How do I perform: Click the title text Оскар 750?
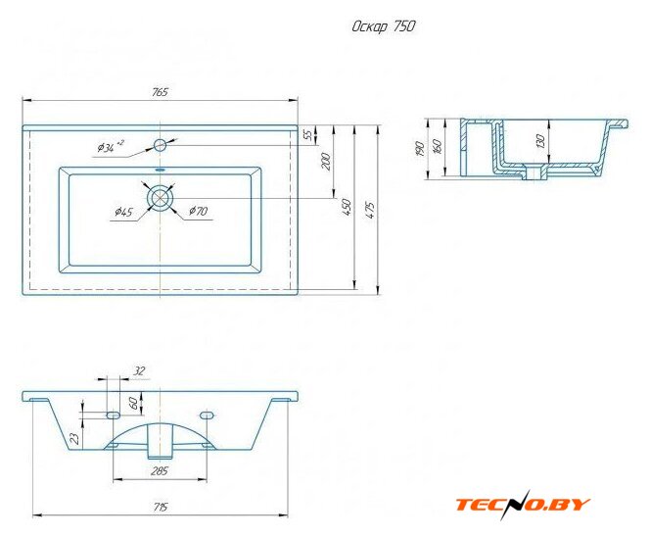[383, 26]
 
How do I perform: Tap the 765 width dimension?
[160, 92]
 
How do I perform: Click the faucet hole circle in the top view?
[160, 145]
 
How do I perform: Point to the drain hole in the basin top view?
[160, 198]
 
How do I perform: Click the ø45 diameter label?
[123, 212]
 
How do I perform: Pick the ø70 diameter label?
[198, 211]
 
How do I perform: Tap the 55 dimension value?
[308, 134]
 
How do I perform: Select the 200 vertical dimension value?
[326, 162]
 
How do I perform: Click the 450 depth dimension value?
[347, 207]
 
